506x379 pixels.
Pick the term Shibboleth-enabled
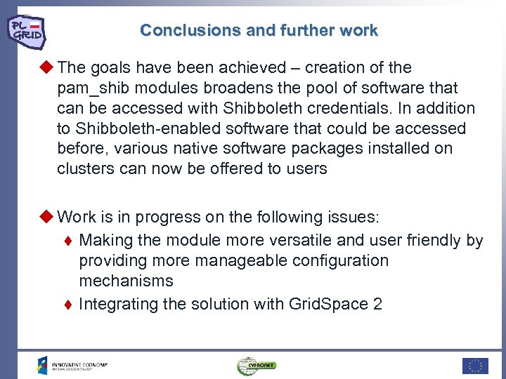(x=143, y=128)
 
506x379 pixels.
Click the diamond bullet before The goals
(x=48, y=67)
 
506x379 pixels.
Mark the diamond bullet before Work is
(x=48, y=217)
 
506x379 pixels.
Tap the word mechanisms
(x=126, y=281)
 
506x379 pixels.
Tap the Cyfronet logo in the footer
(x=257, y=365)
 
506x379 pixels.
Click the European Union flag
(x=475, y=365)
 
